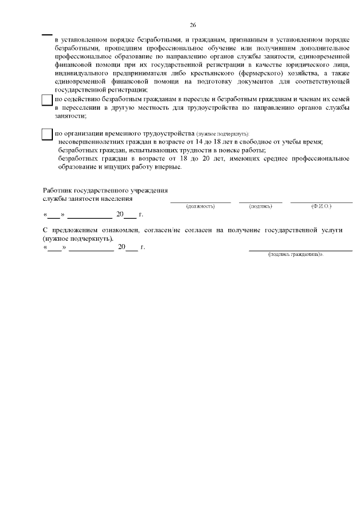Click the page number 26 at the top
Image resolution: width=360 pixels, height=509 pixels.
pyautogui.click(x=193, y=25)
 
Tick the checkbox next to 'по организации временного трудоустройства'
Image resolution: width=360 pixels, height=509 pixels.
pyautogui.click(x=48, y=134)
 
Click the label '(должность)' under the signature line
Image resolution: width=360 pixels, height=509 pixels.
pyautogui.click(x=200, y=206)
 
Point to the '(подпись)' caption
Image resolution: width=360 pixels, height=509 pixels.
pyautogui.click(x=260, y=206)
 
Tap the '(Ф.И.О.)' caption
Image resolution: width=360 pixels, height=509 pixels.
pyautogui.click(x=321, y=206)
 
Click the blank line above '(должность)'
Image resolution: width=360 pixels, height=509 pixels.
pyautogui.click(x=200, y=201)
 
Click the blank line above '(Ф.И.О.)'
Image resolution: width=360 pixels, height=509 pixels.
pyautogui.click(x=321, y=201)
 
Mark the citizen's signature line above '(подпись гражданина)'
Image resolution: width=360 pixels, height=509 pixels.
pyautogui.click(x=300, y=249)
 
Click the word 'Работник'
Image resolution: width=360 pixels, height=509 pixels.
pyautogui.click(x=58, y=191)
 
